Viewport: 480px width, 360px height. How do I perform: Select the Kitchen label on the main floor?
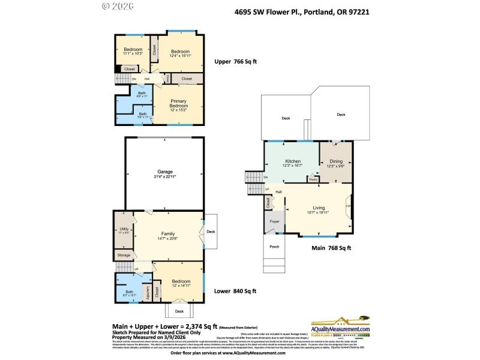(292, 161)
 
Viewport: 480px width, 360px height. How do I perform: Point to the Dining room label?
(335, 161)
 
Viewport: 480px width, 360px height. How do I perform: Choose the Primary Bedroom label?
(179, 103)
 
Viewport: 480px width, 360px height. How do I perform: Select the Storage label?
(124, 255)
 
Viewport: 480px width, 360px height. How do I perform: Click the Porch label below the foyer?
(274, 247)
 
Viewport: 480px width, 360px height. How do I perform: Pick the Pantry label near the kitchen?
(313, 179)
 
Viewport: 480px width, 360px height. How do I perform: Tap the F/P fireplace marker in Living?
(348, 207)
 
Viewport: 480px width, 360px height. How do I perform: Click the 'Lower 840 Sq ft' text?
(235, 291)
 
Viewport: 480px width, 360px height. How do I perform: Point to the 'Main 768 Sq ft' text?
(331, 248)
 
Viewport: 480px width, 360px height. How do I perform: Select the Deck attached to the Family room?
(211, 232)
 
